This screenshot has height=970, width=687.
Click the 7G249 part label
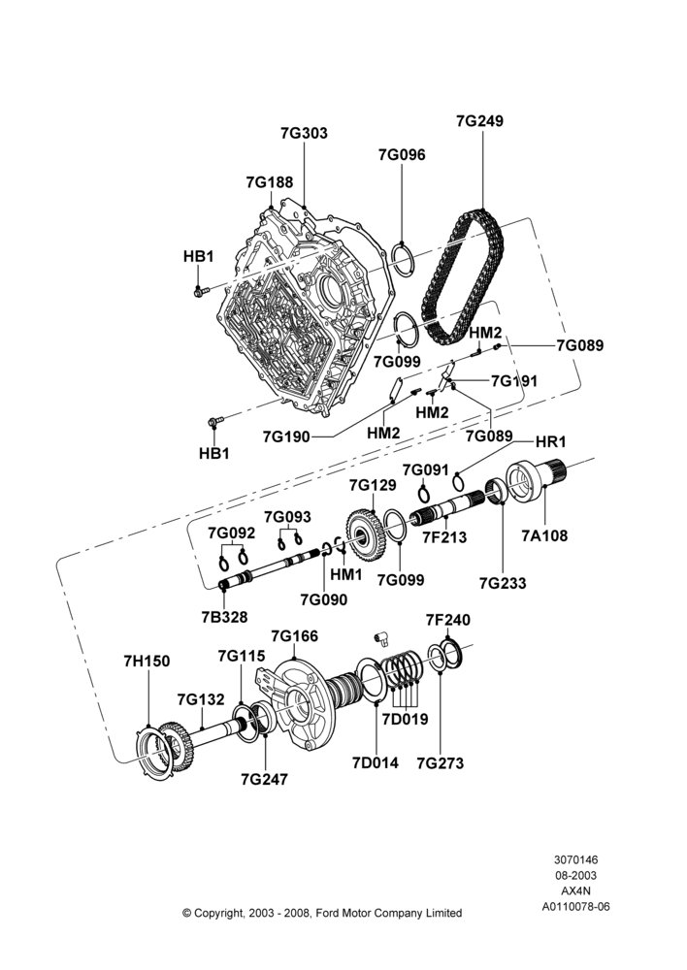tap(479, 120)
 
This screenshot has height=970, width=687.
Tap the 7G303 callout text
tap(304, 133)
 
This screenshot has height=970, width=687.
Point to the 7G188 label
tap(269, 182)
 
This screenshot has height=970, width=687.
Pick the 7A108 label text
tap(544, 535)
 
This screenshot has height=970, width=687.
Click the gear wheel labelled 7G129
tap(374, 535)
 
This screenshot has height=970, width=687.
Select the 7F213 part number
tap(444, 537)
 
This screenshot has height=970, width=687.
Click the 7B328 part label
tap(224, 617)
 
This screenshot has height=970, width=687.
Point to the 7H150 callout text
tap(147, 662)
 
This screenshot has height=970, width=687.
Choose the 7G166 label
tap(295, 636)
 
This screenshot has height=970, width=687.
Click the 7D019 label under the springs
tap(405, 719)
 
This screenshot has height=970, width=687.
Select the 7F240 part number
tap(448, 619)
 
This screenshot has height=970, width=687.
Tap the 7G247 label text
tap(265, 780)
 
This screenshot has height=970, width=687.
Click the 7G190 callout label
tap(286, 436)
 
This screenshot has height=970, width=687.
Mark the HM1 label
tap(346, 574)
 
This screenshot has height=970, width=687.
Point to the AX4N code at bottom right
tap(575, 891)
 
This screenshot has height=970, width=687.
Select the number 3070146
tap(575, 859)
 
